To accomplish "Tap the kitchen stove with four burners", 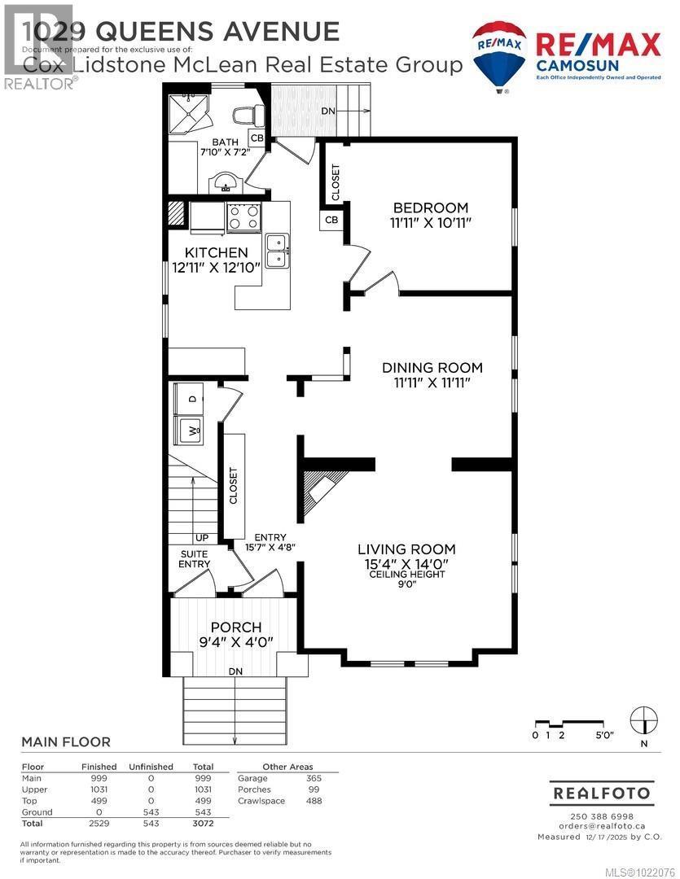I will pos(243,216).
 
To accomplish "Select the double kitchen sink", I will pos(277,250).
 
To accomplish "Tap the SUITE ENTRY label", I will pos(195,559).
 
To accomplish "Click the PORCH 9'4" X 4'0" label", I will pos(236,634).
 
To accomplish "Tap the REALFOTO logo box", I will pos(602,792).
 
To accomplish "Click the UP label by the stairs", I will pos(201,538).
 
